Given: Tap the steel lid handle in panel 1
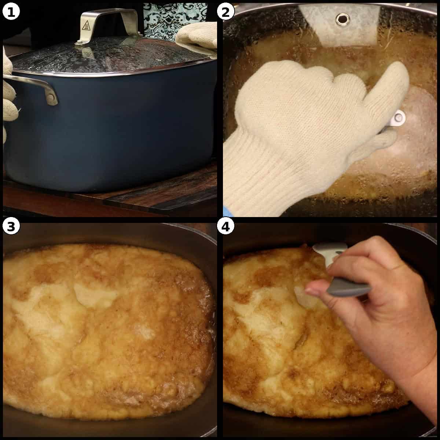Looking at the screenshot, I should [x=110, y=16].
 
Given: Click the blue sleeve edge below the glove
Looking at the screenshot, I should [x=226, y=211].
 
